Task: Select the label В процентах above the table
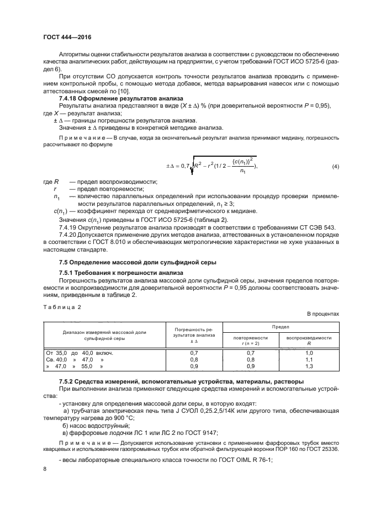tap(323, 313)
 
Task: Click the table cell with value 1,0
tap(309, 352)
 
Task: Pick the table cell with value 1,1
tap(309, 359)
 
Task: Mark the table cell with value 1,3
tap(309, 365)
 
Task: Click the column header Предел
tap(279, 327)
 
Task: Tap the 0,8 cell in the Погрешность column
tap(194, 359)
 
